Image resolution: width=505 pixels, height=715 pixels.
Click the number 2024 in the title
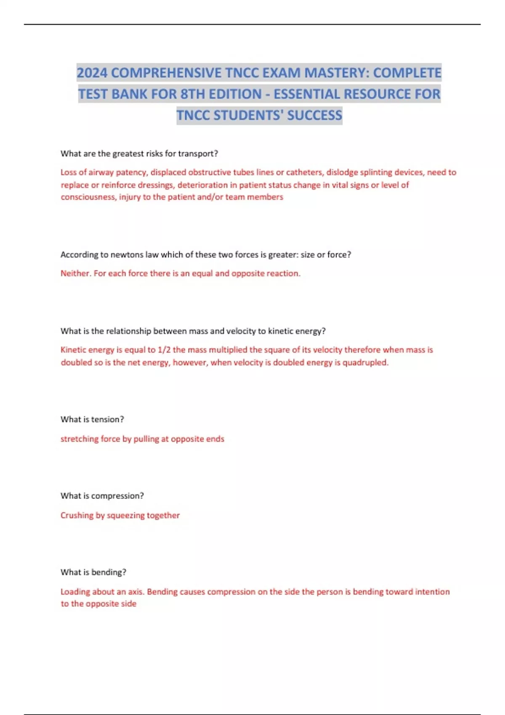pyautogui.click(x=92, y=73)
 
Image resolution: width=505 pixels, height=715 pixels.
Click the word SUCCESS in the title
pyautogui.click(x=314, y=115)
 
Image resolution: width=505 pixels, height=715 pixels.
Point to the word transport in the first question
pyautogui.click(x=198, y=154)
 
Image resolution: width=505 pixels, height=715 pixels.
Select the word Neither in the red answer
pyautogui.click(x=75, y=273)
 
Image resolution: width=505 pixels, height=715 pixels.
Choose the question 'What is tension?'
pyautogui.click(x=92, y=419)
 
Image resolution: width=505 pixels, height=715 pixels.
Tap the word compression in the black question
pyautogui.click(x=117, y=496)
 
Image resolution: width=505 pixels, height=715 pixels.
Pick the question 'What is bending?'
pyautogui.click(x=93, y=572)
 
